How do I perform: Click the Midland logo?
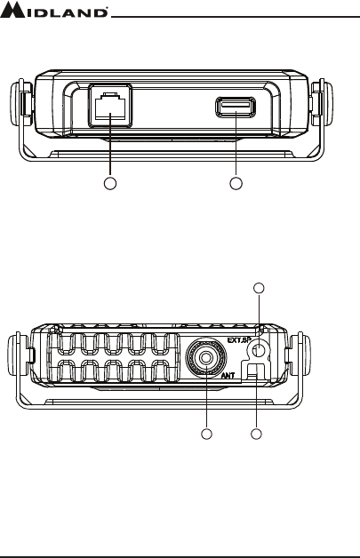click(53, 10)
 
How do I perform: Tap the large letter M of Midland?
click(12, 10)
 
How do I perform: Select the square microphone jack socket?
click(110, 106)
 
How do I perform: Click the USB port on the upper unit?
click(236, 107)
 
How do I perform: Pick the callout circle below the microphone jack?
click(110, 183)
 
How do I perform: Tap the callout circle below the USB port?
click(236, 183)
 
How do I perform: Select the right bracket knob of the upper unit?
click(322, 102)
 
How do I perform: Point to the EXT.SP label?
click(237, 340)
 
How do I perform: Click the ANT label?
click(228, 375)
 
